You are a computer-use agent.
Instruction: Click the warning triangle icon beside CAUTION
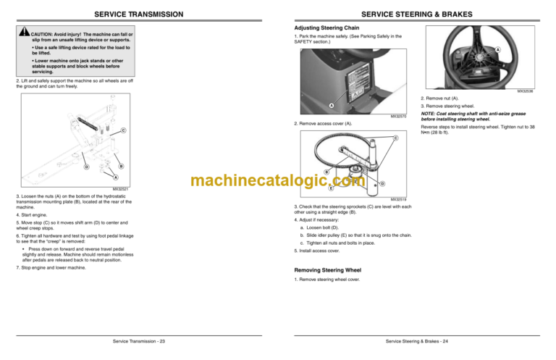pyautogui.click(x=25, y=34)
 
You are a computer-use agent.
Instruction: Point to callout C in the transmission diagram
pyautogui.click(x=123, y=130)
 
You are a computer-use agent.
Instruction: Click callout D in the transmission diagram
pyautogui.click(x=86, y=167)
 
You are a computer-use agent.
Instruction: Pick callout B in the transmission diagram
pyautogui.click(x=120, y=167)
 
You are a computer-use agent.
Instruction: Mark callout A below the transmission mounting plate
pyautogui.click(x=114, y=177)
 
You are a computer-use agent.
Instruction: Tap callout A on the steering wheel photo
pyautogui.click(x=497, y=49)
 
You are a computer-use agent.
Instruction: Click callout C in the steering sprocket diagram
pyautogui.click(x=395, y=138)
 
